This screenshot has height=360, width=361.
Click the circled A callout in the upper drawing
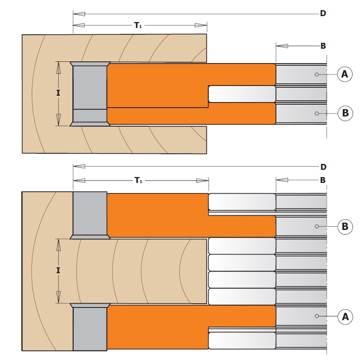tap(344, 74)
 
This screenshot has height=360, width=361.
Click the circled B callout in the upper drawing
tap(345, 113)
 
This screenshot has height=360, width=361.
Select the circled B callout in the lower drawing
tap(345, 227)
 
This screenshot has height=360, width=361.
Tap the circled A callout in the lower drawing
tap(345, 317)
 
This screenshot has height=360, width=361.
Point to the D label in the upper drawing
tap(323, 14)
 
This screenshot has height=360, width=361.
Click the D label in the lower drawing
tap(323, 167)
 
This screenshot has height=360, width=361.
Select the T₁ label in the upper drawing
tap(138, 25)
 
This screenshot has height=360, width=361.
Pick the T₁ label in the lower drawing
tap(138, 180)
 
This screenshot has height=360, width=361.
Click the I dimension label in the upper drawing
tap(58, 93)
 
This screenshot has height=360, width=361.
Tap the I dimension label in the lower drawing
tap(58, 270)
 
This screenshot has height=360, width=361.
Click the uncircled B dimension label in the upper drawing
tap(323, 46)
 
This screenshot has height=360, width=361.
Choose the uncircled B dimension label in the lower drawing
tap(323, 180)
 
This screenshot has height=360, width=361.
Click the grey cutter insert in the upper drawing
tap(90, 94)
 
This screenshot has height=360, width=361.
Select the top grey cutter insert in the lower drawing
tap(90, 216)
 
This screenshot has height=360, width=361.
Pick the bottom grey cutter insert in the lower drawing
tap(90, 327)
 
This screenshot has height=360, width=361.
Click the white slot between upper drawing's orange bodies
tap(242, 94)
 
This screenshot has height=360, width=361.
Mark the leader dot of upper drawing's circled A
tap(317, 75)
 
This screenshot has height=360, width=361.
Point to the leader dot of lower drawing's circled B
tap(317, 227)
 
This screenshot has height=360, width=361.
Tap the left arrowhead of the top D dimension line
tap(79, 14)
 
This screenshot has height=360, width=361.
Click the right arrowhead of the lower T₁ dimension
tap(203, 181)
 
